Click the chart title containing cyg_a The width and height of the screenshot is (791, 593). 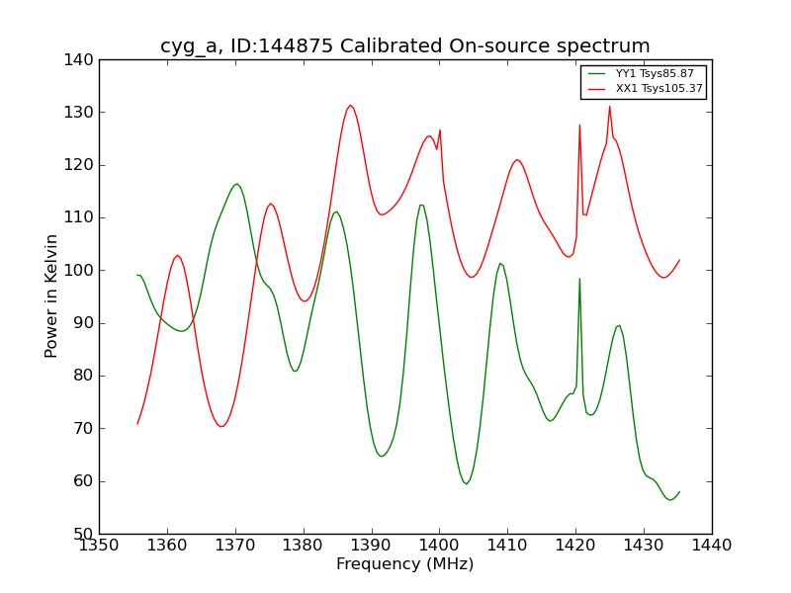point(405,46)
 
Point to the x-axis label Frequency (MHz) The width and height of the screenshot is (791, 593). point(405,564)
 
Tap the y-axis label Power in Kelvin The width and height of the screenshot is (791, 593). point(51,296)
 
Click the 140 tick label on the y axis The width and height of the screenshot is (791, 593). point(82,60)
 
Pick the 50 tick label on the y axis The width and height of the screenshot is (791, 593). point(86,535)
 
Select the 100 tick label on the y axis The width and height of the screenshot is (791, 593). point(82,271)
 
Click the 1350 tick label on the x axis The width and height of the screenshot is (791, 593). point(99,546)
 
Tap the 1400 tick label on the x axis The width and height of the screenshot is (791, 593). point(439,546)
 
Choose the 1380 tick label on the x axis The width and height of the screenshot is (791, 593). point(303,546)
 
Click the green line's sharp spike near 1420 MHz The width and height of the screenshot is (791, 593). point(579,279)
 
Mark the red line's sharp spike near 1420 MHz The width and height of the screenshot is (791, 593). point(579,125)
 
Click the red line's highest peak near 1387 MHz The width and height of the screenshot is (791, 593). point(350,106)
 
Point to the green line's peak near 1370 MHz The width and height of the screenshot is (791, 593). point(236,184)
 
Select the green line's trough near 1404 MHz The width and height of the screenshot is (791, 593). point(466,483)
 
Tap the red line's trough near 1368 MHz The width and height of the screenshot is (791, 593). point(222,426)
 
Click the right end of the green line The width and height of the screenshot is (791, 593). point(679,491)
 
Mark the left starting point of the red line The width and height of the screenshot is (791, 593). point(137,424)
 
